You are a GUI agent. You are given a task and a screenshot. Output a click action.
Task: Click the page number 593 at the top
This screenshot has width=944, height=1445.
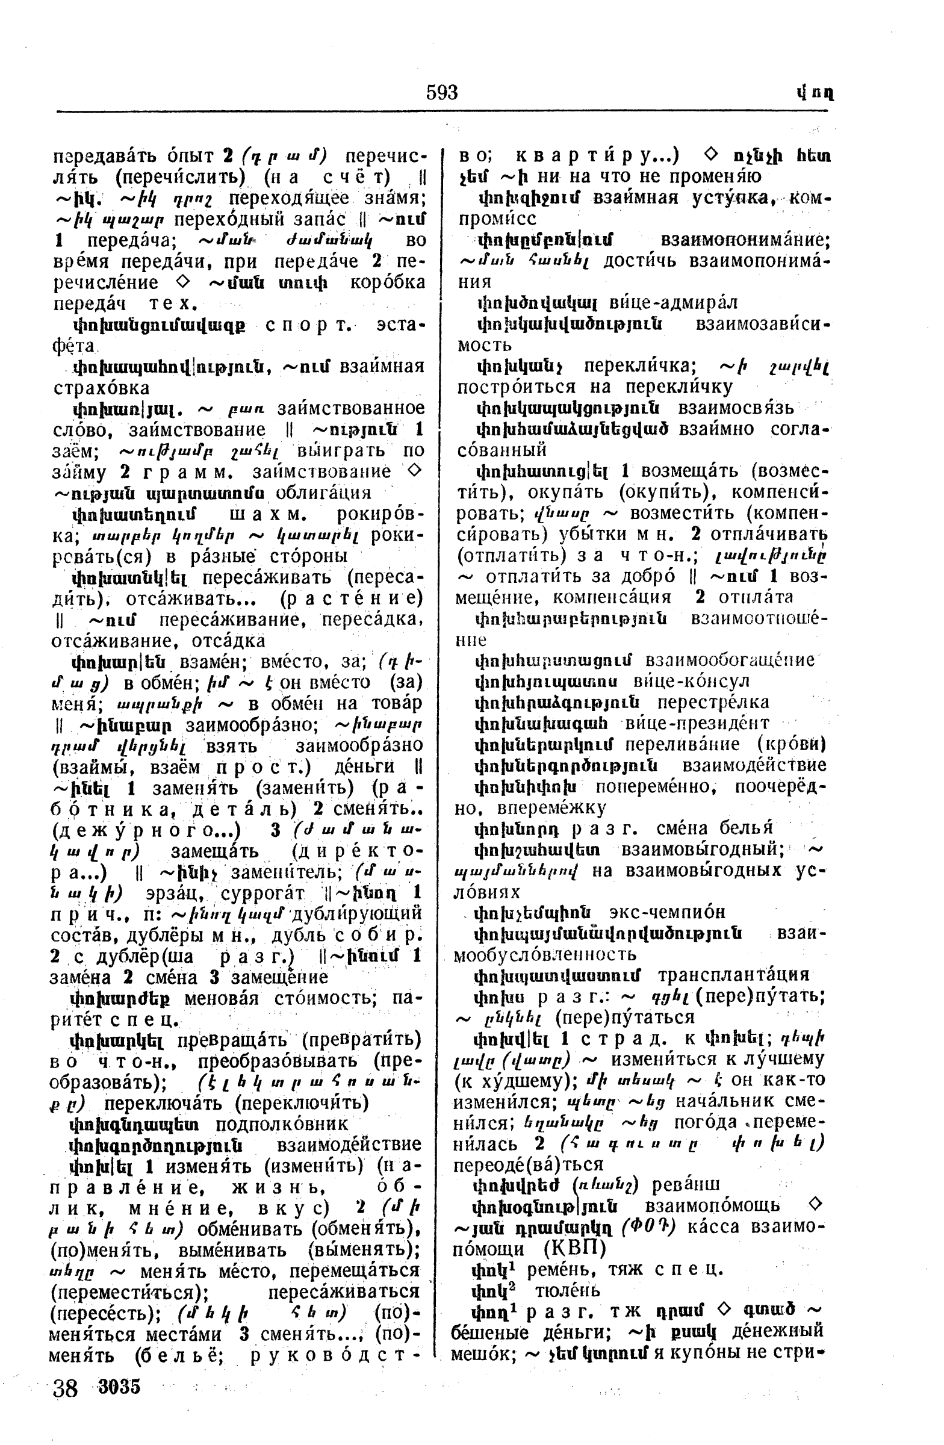441,93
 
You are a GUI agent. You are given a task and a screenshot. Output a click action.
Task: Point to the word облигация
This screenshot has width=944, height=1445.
323,492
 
